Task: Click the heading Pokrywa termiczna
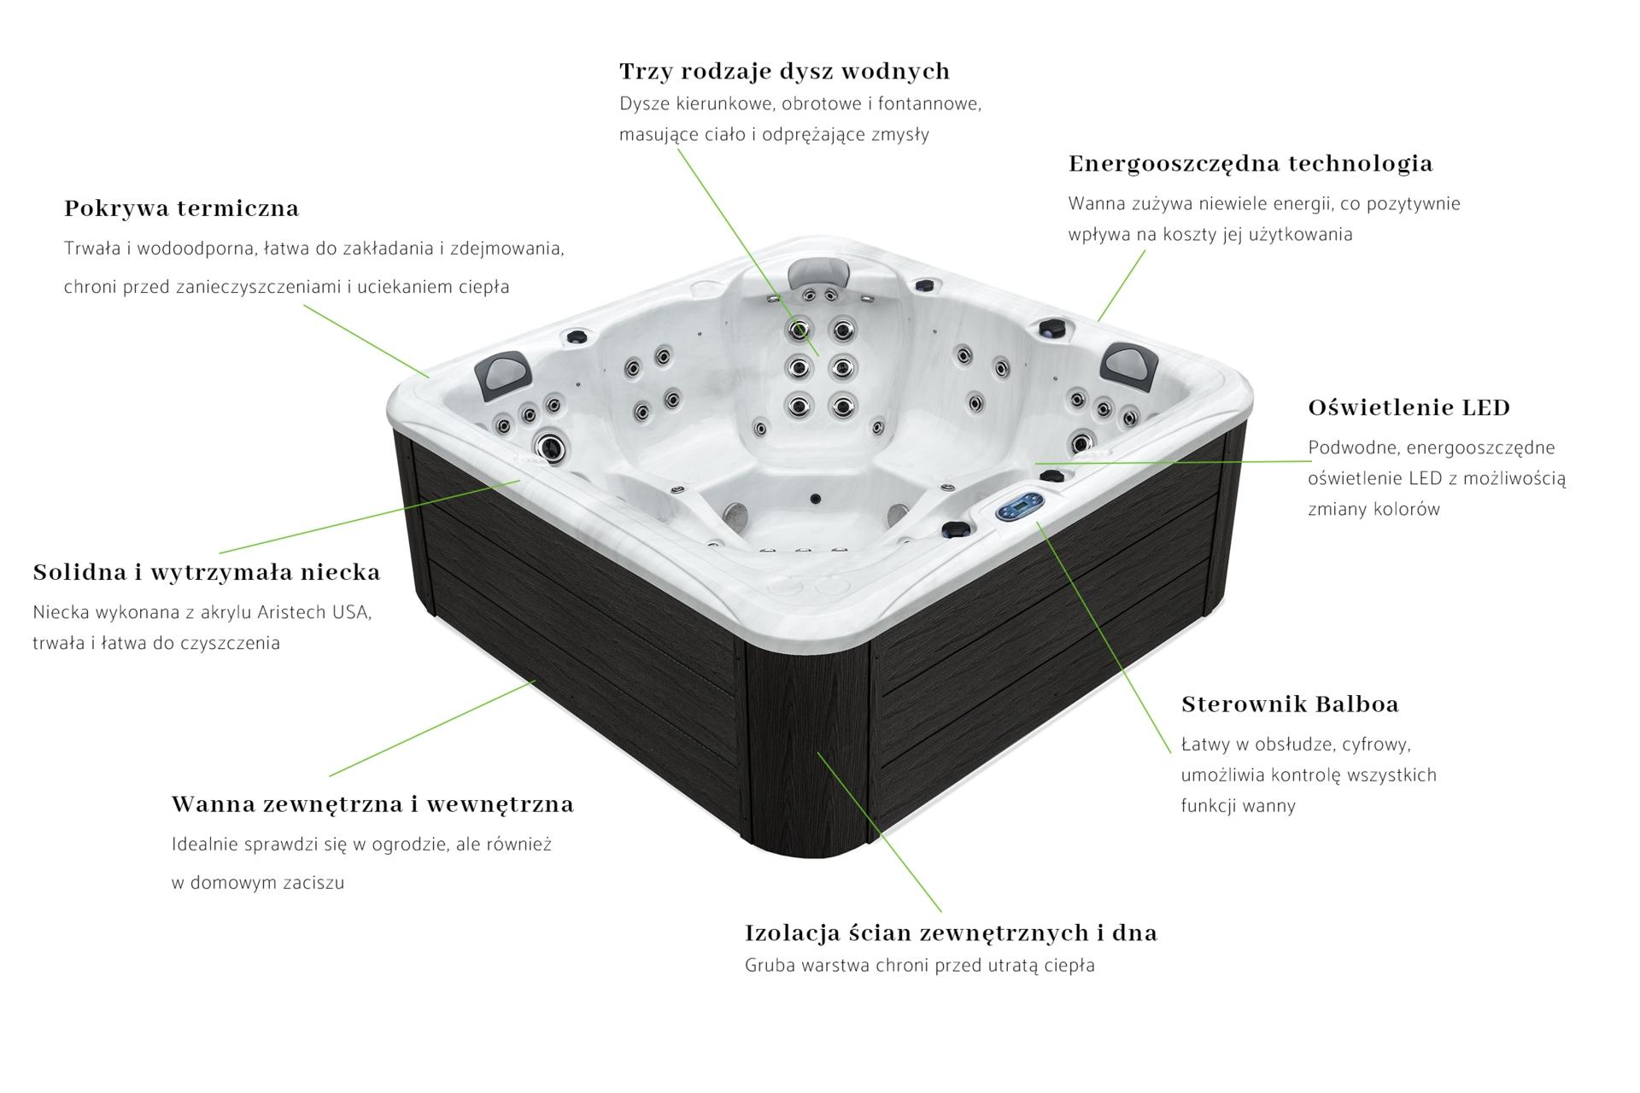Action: point(181,208)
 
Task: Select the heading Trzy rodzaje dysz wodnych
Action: point(784,71)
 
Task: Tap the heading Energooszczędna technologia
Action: point(1250,163)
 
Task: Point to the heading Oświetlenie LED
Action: point(1409,407)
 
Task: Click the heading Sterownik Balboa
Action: point(1289,704)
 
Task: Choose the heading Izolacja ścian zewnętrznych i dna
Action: point(950,932)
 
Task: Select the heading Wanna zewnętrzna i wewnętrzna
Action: point(372,804)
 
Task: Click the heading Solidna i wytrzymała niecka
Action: point(207,572)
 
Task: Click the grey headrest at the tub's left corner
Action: point(504,373)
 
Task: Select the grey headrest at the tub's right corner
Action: point(1129,365)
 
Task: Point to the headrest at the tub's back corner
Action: point(820,273)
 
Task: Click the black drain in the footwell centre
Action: point(815,499)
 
